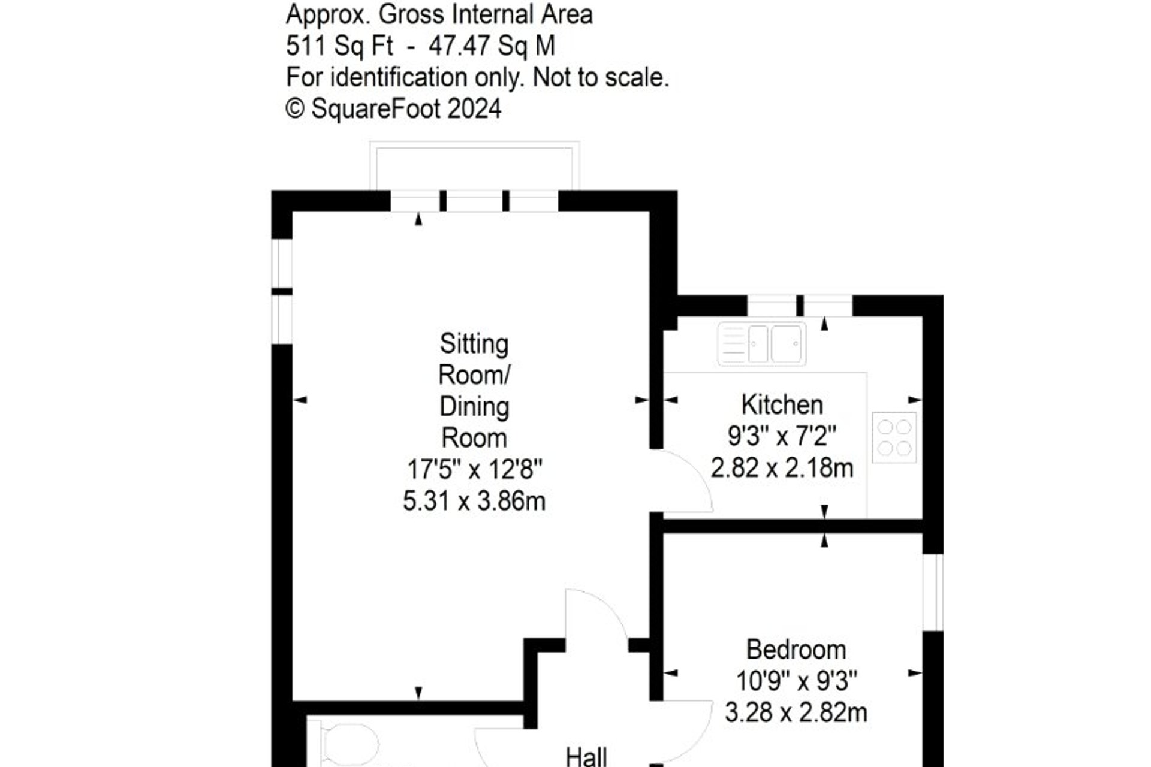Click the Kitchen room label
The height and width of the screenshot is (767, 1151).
click(x=782, y=405)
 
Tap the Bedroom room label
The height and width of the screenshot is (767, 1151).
click(x=796, y=650)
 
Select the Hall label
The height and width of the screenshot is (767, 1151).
click(x=586, y=756)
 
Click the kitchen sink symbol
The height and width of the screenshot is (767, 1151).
click(x=761, y=344)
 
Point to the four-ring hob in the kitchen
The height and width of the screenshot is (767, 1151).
click(x=894, y=437)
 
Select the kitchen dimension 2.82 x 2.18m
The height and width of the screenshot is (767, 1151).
click(x=782, y=468)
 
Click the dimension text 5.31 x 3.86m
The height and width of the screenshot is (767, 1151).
click(x=474, y=501)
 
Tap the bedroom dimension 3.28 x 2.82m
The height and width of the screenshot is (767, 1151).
click(x=796, y=713)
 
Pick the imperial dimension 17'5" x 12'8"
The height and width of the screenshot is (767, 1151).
click(x=474, y=469)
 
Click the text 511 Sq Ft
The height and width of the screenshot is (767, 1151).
click(x=339, y=46)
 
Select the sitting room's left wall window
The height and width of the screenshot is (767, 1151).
click(x=281, y=291)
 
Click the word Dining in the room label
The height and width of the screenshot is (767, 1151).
click(x=474, y=407)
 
